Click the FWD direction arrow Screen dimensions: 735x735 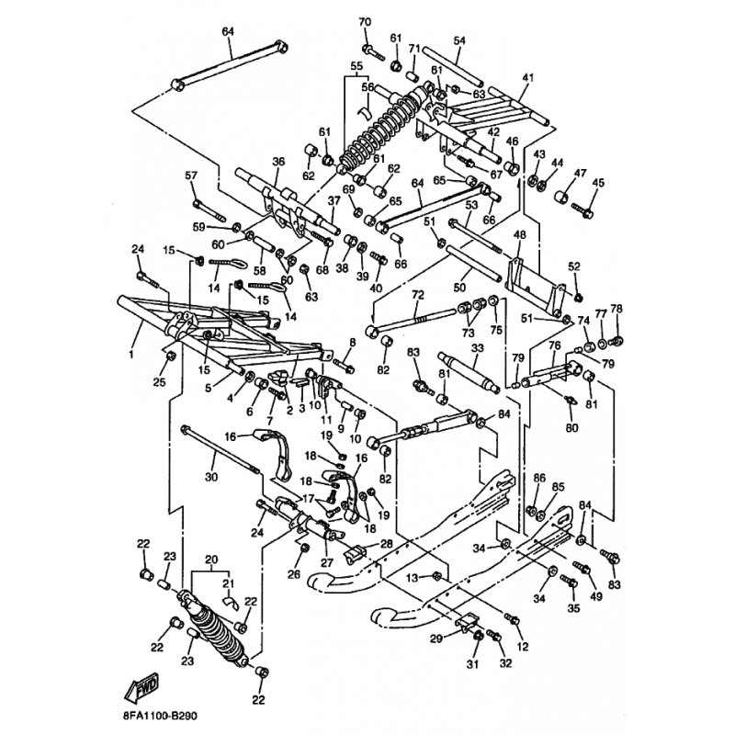pyautogui.click(x=144, y=688)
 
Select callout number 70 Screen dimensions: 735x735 pyautogui.click(x=365, y=22)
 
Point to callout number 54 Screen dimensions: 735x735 pyautogui.click(x=459, y=40)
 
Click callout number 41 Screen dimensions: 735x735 pyautogui.click(x=527, y=78)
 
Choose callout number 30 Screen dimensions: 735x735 pyautogui.click(x=211, y=477)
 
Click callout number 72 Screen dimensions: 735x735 pyautogui.click(x=417, y=295)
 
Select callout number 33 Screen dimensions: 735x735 pyautogui.click(x=477, y=348)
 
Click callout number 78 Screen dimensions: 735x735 pyautogui.click(x=616, y=309)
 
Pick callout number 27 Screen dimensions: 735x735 pyautogui.click(x=326, y=562)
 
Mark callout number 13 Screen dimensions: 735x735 pyautogui.click(x=413, y=576)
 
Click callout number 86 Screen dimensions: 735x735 pyautogui.click(x=539, y=479)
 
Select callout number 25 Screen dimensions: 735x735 pyautogui.click(x=159, y=381)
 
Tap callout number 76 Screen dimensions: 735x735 pyautogui.click(x=554, y=345)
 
